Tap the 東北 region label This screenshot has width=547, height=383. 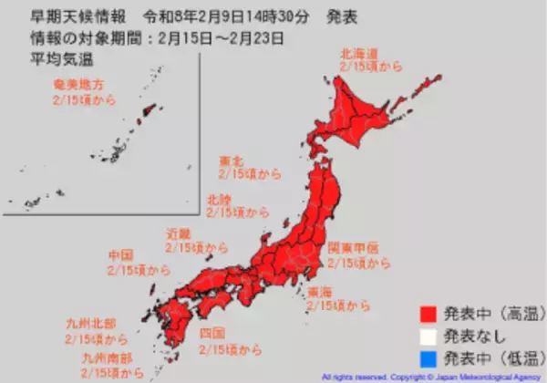(x=232, y=160)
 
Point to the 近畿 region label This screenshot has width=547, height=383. (x=178, y=234)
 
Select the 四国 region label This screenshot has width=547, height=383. (x=212, y=334)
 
